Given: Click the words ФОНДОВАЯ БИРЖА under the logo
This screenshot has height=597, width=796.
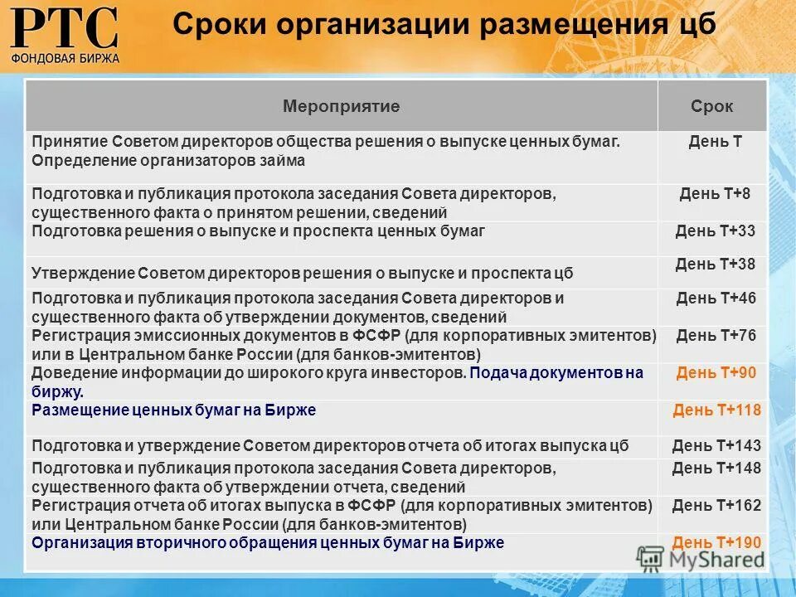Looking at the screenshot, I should tap(65, 58).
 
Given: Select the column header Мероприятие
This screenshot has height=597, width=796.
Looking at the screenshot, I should tap(341, 106).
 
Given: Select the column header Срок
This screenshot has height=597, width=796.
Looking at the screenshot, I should tap(711, 106).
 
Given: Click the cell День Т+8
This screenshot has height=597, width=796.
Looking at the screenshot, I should tap(714, 194).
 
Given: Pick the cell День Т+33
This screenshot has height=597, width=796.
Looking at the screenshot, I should tap(716, 231).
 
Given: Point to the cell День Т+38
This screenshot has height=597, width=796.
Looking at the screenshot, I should tap(716, 265).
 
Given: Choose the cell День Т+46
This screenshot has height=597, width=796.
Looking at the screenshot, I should tap(716, 298).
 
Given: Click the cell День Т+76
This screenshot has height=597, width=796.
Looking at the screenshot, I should tap(716, 336).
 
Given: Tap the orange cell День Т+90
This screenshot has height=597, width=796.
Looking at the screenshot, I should tap(716, 373).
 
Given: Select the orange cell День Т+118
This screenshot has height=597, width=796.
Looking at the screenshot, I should tap(716, 410).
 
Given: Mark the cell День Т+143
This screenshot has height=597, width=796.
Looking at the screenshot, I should tap(716, 446).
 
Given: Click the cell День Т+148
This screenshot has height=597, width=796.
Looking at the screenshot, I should tap(716, 468).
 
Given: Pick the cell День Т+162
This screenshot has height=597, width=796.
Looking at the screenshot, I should tap(716, 505).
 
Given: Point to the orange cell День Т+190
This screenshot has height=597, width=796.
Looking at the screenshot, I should tap(716, 542).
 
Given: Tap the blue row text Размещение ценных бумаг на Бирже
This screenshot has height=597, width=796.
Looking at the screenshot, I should tap(174, 410).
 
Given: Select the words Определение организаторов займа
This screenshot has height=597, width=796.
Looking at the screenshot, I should tap(168, 161).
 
